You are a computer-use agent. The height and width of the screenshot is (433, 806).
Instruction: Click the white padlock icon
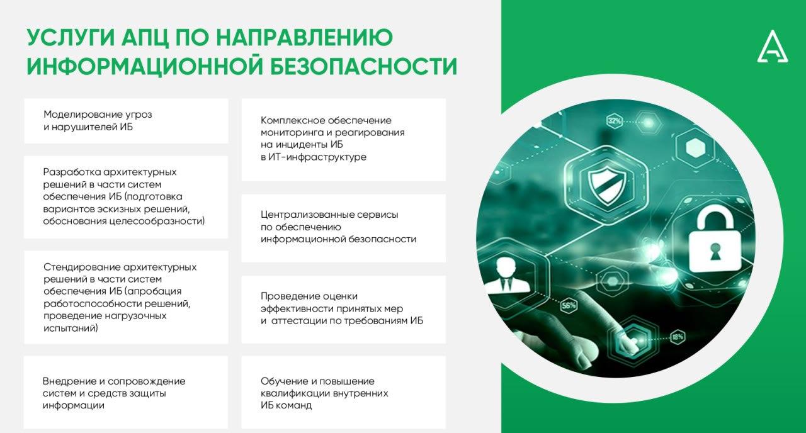tap(715, 240)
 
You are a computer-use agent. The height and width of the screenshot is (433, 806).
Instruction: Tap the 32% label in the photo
tap(615, 120)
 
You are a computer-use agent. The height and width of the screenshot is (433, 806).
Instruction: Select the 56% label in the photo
tap(569, 306)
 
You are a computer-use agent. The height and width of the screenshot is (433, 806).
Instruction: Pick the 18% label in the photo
tap(678, 337)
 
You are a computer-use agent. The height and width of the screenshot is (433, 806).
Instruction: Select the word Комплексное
tap(293, 120)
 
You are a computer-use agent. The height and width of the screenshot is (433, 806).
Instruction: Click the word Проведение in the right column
tap(289, 296)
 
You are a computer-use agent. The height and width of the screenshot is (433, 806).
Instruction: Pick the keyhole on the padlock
tap(715, 251)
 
